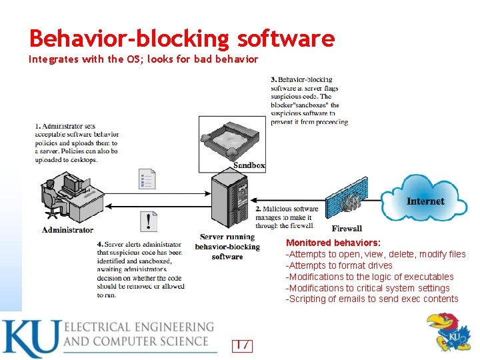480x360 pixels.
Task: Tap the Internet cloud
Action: coord(425,197)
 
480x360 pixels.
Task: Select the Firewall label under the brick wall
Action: coord(347,229)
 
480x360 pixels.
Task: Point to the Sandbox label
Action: coord(249,165)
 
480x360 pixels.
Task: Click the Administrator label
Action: coord(67,230)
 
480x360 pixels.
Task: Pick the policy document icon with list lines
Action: coord(147,179)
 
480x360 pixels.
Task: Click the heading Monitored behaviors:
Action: coord(333,243)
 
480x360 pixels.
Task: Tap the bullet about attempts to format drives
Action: coord(339,265)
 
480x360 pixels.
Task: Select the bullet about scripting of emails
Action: coord(372,299)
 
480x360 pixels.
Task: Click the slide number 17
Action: coord(242,345)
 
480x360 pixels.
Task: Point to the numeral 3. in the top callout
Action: coord(273,80)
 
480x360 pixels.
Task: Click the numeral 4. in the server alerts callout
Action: coord(99,245)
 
